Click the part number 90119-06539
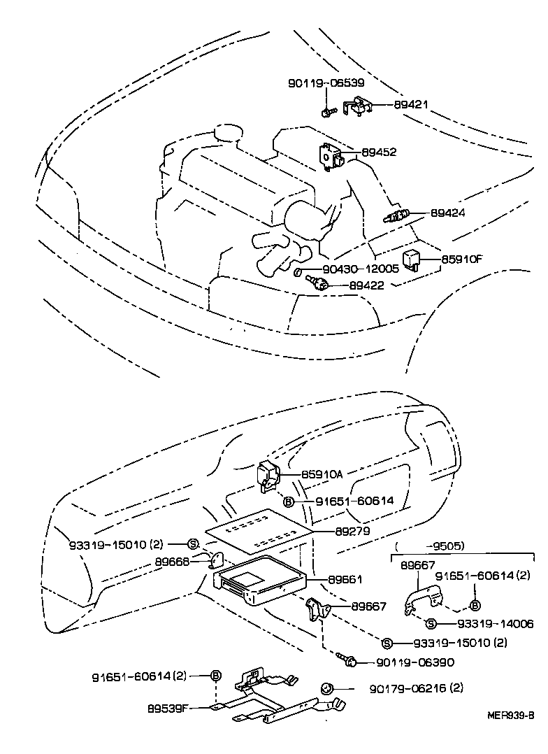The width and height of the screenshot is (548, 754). click(x=326, y=83)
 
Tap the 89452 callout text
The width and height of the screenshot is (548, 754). click(x=379, y=152)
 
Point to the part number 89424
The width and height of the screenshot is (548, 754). click(x=447, y=213)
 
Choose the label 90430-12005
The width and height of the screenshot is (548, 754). click(x=361, y=269)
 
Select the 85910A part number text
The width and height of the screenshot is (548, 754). click(x=322, y=474)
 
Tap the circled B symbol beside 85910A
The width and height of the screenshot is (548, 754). click(x=288, y=501)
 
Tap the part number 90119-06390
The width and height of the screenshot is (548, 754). click(x=415, y=662)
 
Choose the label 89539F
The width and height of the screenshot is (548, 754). click(x=167, y=706)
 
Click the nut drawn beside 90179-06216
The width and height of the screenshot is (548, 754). click(x=326, y=688)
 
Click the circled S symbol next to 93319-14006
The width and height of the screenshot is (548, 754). click(x=431, y=623)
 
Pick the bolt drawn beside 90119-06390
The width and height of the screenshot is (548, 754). click(x=347, y=658)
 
